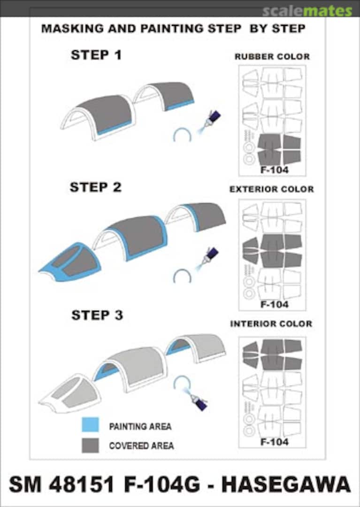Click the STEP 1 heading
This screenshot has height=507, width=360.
pyautogui.click(x=96, y=55)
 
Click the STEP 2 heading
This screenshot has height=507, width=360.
pyautogui.click(x=96, y=187)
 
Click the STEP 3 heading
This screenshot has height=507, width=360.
pyautogui.click(x=97, y=315)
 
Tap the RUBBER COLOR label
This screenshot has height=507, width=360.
pyautogui.click(x=272, y=57)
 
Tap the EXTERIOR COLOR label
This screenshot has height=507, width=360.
pyautogui.click(x=271, y=189)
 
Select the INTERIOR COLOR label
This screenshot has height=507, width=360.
pyautogui.click(x=271, y=323)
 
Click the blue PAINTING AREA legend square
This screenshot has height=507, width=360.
pyautogui.click(x=90, y=424)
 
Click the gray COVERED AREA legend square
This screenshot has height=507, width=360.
pyautogui.click(x=90, y=445)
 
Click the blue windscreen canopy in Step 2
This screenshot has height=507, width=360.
pyautogui.click(x=69, y=261)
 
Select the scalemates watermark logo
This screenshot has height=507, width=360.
pyautogui.click(x=307, y=11)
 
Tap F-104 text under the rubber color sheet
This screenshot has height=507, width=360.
pyautogui.click(x=275, y=170)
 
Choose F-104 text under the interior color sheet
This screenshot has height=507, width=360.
pyautogui.click(x=275, y=442)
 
